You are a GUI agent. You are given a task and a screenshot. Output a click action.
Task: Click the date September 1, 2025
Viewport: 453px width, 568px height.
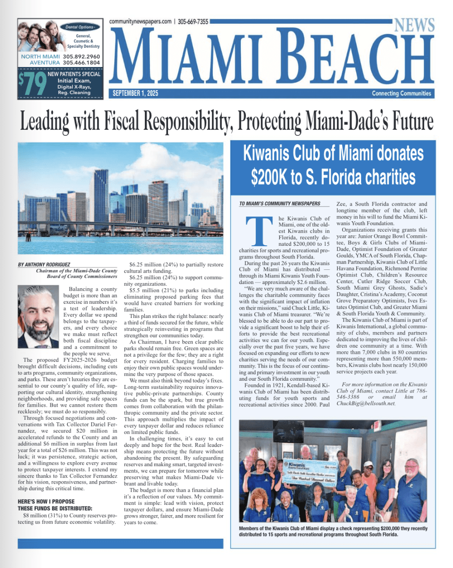coord(135,93)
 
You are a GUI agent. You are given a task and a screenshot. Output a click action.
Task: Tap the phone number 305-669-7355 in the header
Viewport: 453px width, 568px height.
coord(193,22)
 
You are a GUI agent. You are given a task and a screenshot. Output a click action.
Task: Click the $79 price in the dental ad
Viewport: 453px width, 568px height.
coord(32,83)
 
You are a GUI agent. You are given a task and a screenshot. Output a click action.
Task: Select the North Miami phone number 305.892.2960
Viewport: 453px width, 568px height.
coord(81,57)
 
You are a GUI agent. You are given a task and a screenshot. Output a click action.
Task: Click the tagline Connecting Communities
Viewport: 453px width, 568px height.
coord(401,93)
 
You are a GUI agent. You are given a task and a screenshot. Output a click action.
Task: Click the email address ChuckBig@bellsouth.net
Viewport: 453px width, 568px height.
coord(366,403)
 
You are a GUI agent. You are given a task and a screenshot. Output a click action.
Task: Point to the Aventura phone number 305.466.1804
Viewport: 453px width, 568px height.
coord(81,63)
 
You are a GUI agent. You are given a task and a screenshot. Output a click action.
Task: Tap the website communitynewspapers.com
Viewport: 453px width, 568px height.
coord(140,22)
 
